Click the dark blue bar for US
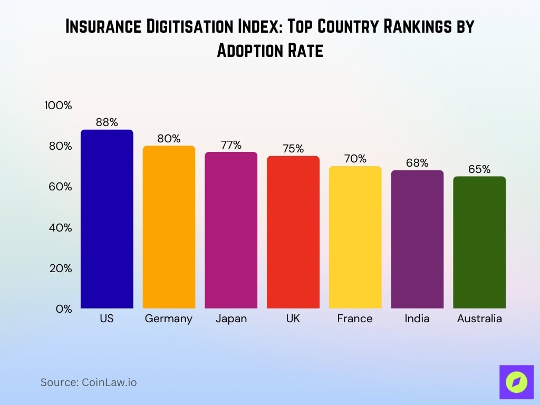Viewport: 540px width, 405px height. pyautogui.click(x=107, y=219)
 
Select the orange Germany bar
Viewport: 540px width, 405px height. pyautogui.click(x=169, y=227)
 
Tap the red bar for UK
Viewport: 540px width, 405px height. pyautogui.click(x=293, y=232)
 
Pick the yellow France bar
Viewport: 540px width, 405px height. pyautogui.click(x=355, y=237)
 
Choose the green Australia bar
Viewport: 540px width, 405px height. pyautogui.click(x=479, y=243)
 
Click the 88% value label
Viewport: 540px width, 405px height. pyautogui.click(x=107, y=122)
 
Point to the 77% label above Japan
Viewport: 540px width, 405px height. pyautogui.click(x=231, y=144)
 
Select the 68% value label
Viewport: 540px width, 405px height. pyautogui.click(x=417, y=163)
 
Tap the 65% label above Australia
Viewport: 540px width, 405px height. pyautogui.click(x=479, y=169)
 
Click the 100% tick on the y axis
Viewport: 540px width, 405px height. pyautogui.click(x=58, y=105)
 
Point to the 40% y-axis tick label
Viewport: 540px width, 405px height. pyautogui.click(x=60, y=228)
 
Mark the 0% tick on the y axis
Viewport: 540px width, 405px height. pyautogui.click(x=63, y=309)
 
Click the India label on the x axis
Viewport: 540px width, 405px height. pyautogui.click(x=417, y=319)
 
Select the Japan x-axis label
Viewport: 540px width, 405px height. pyautogui.click(x=231, y=319)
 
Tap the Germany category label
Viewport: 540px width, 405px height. pyautogui.click(x=169, y=319)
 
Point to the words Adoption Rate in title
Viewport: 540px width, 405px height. pyautogui.click(x=270, y=51)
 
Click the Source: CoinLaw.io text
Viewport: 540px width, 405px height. pyautogui.click(x=89, y=382)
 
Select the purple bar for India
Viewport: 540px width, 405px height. pyautogui.click(x=417, y=240)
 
